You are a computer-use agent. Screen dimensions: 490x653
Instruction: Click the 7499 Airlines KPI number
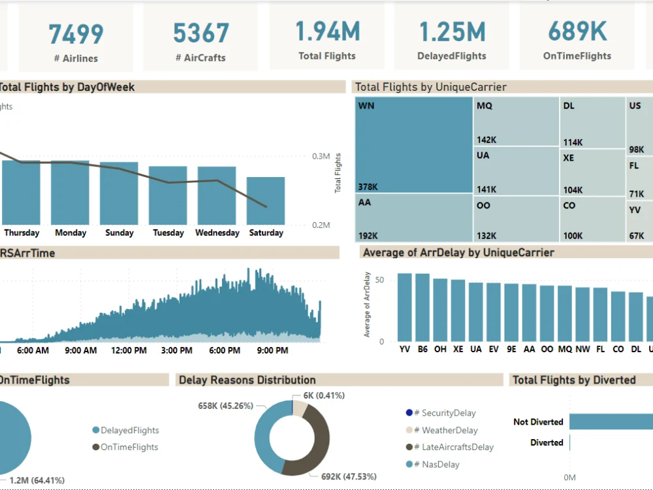click(x=76, y=33)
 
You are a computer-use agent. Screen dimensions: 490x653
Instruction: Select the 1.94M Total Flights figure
click(x=327, y=31)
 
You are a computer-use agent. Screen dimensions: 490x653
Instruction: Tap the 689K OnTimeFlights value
click(x=577, y=31)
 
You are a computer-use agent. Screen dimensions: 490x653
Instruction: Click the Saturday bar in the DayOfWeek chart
click(x=265, y=201)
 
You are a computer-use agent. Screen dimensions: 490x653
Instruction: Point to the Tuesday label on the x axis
click(x=168, y=233)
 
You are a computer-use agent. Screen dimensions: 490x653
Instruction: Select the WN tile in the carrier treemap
click(x=414, y=144)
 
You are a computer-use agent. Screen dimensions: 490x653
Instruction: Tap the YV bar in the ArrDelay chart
click(x=405, y=306)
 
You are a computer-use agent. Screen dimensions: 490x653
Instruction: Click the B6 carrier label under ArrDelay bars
click(x=422, y=350)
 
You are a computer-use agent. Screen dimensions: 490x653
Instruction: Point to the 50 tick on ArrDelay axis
click(x=380, y=280)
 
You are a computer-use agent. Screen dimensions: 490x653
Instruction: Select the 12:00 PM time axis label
click(x=129, y=351)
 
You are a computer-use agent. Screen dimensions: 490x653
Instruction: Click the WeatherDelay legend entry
click(x=449, y=431)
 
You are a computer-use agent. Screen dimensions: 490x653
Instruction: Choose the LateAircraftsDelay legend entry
click(x=457, y=448)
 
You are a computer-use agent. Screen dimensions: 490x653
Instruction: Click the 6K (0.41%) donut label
click(x=324, y=395)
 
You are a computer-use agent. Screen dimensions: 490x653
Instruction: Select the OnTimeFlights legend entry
click(x=129, y=448)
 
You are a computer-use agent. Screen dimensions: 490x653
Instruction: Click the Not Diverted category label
click(x=537, y=422)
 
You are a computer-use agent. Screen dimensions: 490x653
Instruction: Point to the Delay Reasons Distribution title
click(x=247, y=380)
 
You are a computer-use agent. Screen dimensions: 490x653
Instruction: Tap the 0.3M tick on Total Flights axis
click(x=321, y=157)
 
